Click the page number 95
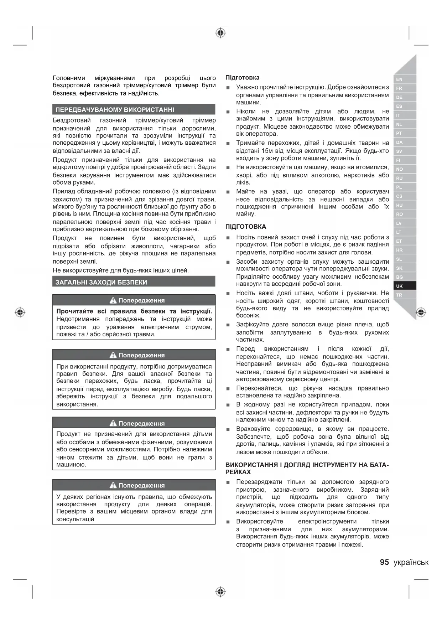click(384, 562)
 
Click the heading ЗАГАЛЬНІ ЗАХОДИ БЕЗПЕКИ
click(101, 282)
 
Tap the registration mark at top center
click(221, 33)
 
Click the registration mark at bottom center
click(221, 592)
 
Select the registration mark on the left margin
click(20, 312)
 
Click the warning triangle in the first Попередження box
click(113, 300)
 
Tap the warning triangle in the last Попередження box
click(113, 485)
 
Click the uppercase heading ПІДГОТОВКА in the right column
click(246, 227)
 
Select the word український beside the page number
click(411, 563)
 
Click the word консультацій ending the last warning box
click(75, 519)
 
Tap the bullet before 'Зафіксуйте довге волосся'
click(228, 325)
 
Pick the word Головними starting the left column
click(69, 78)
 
